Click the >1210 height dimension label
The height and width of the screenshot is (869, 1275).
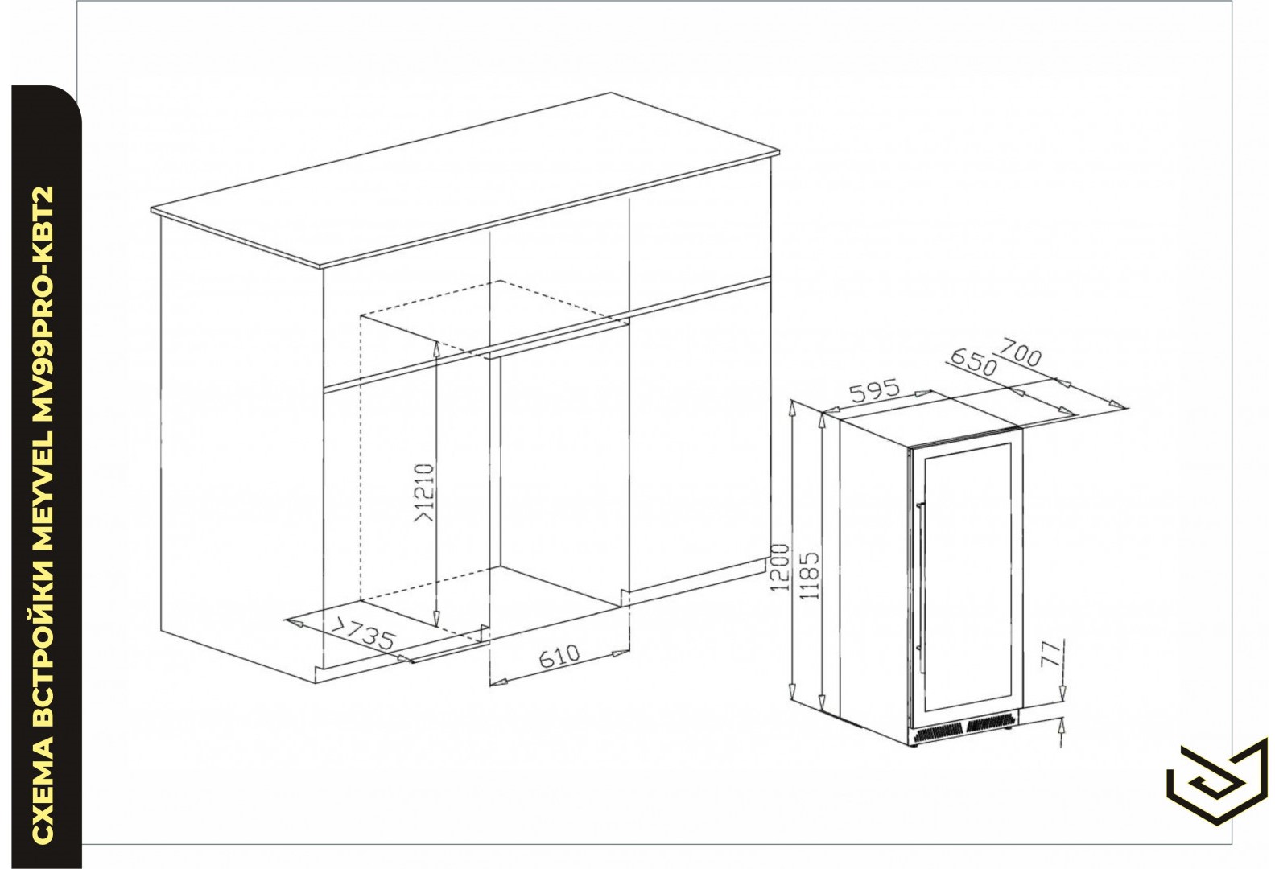pyautogui.click(x=425, y=492)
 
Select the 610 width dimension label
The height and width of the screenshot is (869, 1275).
pyautogui.click(x=559, y=656)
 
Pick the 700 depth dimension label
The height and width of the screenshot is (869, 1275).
pyautogui.click(x=1021, y=353)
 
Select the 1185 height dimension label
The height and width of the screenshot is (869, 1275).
pyautogui.click(x=809, y=575)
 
